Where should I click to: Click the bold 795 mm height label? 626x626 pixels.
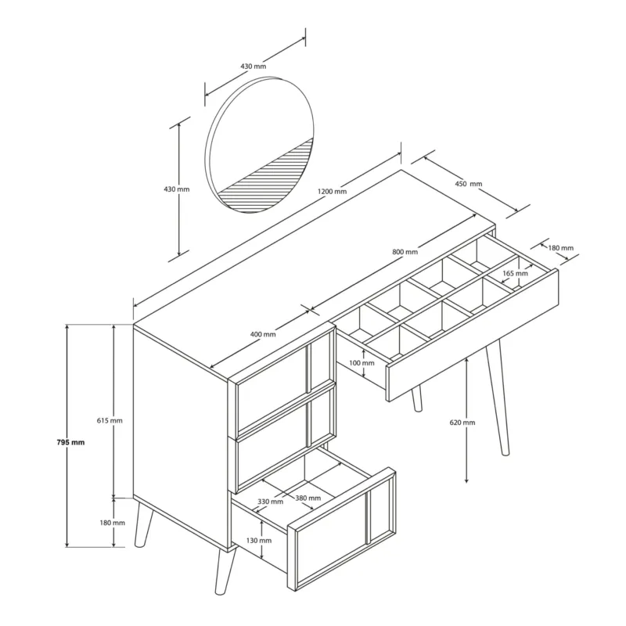coord(70,442)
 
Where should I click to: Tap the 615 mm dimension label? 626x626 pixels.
coord(110,420)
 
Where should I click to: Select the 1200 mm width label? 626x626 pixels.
coord(332,191)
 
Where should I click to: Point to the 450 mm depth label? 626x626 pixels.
coord(469,184)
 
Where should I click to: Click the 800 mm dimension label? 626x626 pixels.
coord(405,252)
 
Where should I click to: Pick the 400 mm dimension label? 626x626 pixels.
coord(263,334)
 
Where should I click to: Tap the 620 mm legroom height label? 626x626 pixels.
coord(462,423)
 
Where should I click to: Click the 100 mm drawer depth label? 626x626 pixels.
coord(362,363)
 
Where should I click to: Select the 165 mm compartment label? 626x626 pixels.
coord(515,273)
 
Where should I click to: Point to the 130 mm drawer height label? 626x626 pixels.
coord(259,541)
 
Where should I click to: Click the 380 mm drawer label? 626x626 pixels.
coord(308,498)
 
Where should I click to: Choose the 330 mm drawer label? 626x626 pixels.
coord(270,502)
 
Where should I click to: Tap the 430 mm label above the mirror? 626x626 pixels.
coord(253,67)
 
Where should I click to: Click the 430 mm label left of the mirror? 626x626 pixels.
coord(177,189)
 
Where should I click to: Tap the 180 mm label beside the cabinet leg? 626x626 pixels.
coord(112,523)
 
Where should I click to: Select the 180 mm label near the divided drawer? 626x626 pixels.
coord(560,248)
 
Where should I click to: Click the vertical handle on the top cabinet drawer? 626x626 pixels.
coord(308,368)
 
